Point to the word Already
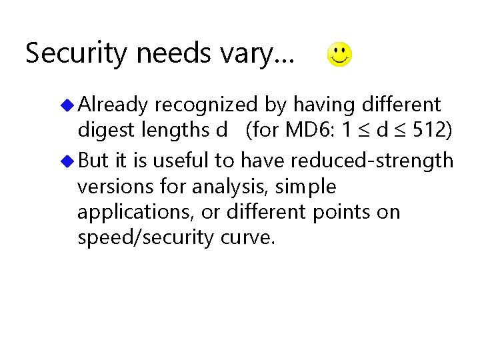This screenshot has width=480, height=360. tap(113, 105)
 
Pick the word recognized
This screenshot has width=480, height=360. tap(205, 105)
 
